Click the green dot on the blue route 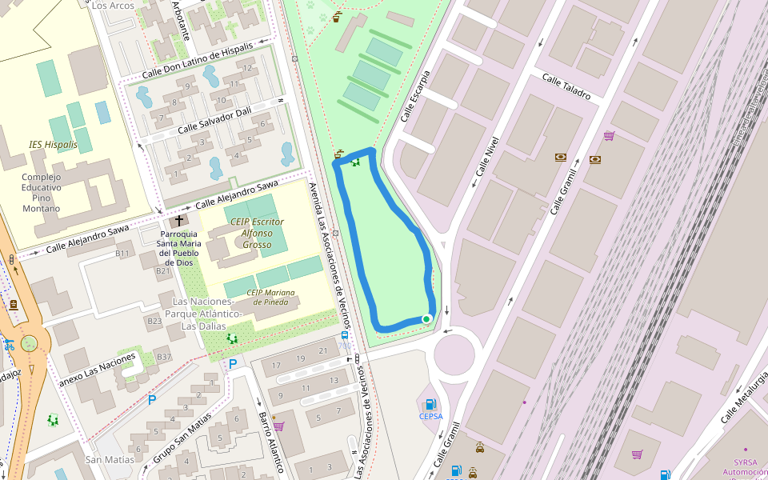click(426, 319)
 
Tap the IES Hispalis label click(54, 145)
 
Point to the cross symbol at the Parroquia click(178, 220)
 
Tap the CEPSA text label click(430, 416)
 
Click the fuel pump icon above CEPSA click(430, 403)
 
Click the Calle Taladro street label click(566, 86)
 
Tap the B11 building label click(122, 254)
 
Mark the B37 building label click(163, 356)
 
